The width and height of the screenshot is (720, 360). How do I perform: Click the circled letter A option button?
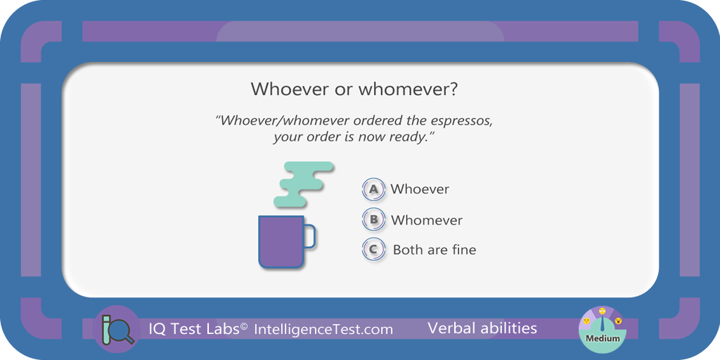(x=373, y=188)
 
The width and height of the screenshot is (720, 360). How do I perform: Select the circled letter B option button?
(x=373, y=219)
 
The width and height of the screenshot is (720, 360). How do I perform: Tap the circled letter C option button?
(x=373, y=250)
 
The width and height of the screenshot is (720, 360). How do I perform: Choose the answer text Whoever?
(x=420, y=189)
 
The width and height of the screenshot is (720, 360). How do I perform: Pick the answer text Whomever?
(x=427, y=220)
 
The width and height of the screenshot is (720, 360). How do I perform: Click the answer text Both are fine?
(x=435, y=250)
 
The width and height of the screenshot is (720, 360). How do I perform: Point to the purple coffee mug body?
(x=281, y=242)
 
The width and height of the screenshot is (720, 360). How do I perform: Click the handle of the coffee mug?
(x=310, y=236)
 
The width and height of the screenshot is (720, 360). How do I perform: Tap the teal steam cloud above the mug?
(x=304, y=184)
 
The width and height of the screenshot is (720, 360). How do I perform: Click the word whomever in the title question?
(x=401, y=89)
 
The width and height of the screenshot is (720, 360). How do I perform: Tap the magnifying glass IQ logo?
(x=117, y=329)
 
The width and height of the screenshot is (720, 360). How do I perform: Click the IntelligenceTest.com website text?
(x=323, y=329)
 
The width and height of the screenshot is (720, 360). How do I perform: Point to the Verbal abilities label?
(x=482, y=328)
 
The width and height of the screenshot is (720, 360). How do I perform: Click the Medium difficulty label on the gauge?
(x=603, y=339)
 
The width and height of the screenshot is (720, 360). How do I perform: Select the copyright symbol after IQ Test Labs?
(x=244, y=326)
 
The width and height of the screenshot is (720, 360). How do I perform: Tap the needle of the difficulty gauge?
(x=602, y=323)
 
